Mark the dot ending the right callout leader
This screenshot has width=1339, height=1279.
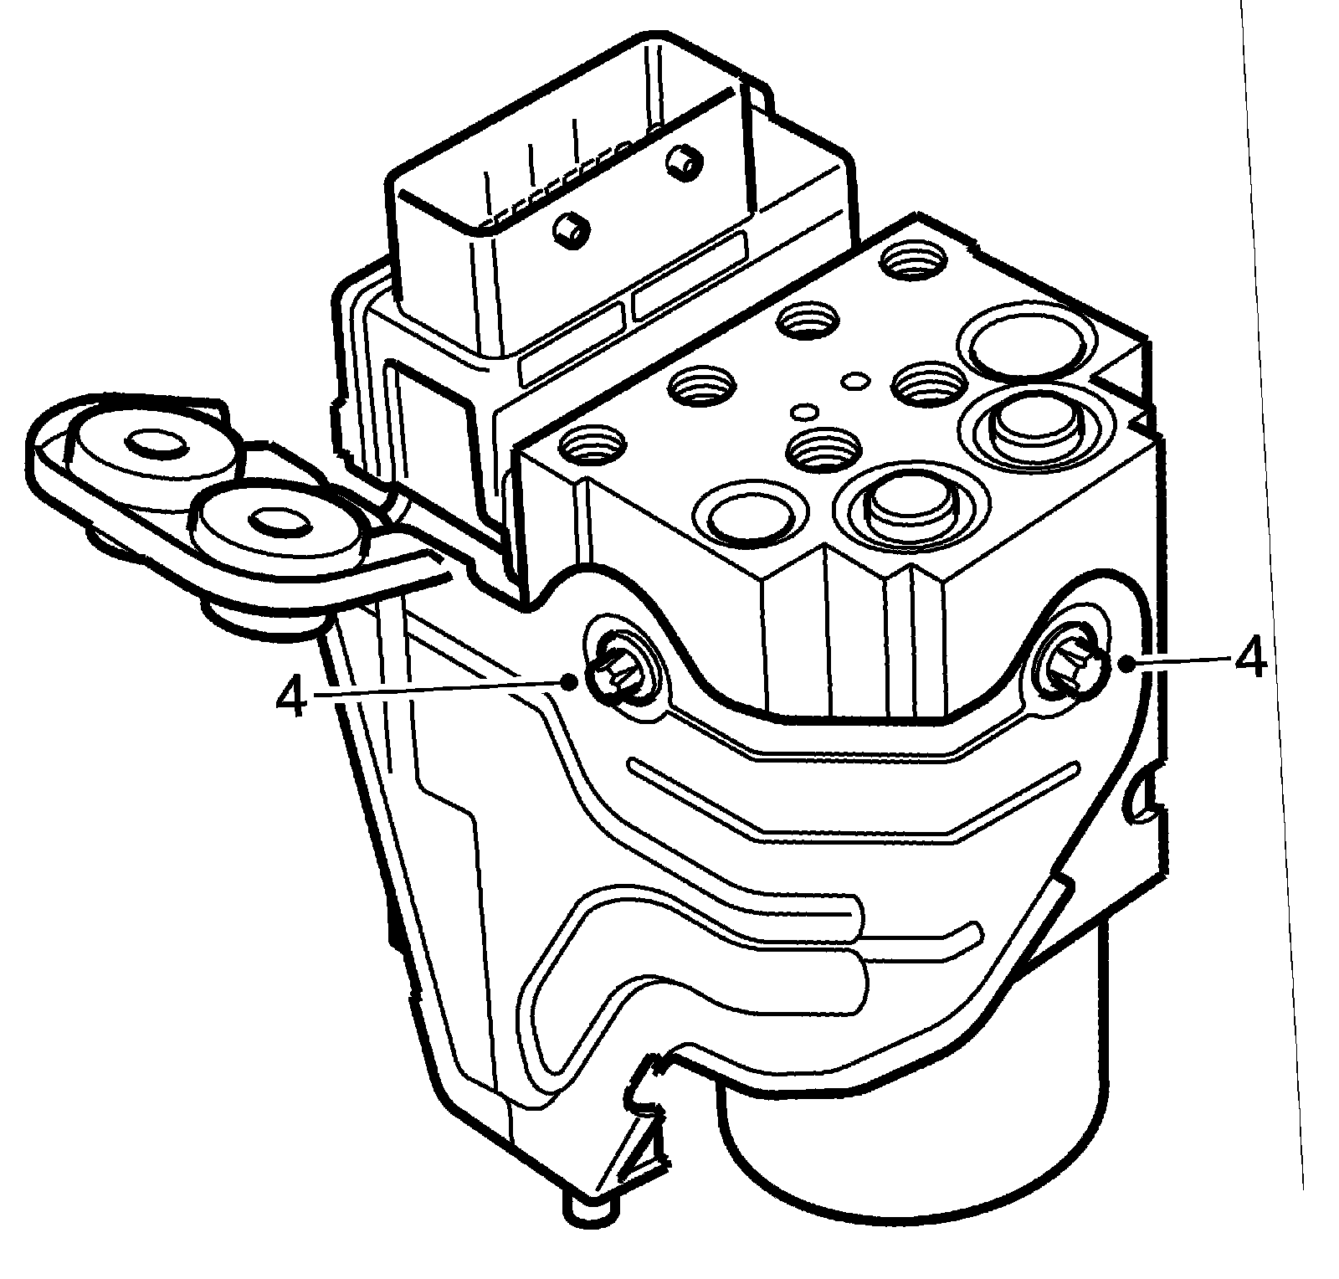(1129, 663)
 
